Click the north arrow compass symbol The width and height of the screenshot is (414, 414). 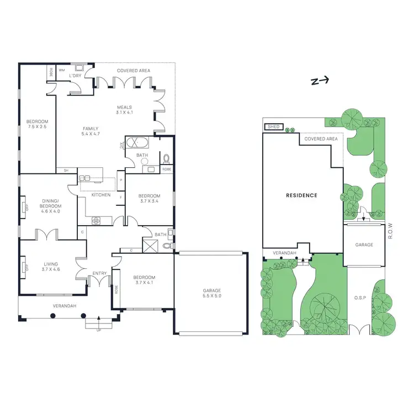pos(319,81)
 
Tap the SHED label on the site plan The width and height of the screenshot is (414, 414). pos(274,127)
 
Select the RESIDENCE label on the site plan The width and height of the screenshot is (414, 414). pos(301,195)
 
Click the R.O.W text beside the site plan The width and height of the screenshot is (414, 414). pos(390,231)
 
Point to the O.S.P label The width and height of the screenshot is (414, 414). pos(361,298)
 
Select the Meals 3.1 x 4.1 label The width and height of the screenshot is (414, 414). pos(125,110)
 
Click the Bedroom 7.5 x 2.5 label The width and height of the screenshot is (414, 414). pos(37,124)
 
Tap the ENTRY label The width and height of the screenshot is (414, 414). pos(100,273)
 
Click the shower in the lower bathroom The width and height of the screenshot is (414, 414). pos(150,244)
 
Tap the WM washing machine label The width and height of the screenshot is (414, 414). pos(62,70)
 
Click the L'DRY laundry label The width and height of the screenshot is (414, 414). pos(76,76)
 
